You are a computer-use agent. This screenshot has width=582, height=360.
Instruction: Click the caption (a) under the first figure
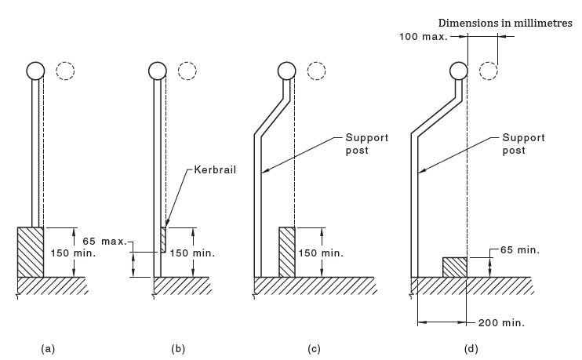[x=47, y=348]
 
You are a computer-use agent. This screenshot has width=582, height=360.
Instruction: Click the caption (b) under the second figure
[x=177, y=348]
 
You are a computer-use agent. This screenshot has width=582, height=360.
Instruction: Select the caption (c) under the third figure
[x=315, y=348]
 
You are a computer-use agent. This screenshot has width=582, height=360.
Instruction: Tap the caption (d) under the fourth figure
[x=471, y=348]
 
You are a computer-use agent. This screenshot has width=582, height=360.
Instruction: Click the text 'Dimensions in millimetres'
[x=505, y=23]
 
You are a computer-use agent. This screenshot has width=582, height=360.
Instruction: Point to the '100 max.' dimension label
[x=423, y=37]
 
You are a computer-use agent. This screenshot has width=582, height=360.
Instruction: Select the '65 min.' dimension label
[x=521, y=250]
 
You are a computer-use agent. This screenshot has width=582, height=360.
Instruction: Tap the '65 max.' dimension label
[x=104, y=240]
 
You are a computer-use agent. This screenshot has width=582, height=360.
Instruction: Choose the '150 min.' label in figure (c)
[x=321, y=253]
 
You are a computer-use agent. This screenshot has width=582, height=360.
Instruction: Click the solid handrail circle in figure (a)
[x=36, y=71]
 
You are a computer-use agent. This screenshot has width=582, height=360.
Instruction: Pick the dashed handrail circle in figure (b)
[x=188, y=71]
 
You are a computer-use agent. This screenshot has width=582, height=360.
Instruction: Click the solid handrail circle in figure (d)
[x=460, y=71]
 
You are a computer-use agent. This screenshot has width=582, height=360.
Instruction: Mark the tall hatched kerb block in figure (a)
[x=31, y=252]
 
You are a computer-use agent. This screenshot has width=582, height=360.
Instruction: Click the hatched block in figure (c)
[x=287, y=252]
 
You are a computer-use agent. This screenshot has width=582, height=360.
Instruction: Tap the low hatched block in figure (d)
[x=455, y=267]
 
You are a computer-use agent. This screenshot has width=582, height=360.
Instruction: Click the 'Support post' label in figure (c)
[x=367, y=144]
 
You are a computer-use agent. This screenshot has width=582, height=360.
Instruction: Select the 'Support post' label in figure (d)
[x=524, y=144]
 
